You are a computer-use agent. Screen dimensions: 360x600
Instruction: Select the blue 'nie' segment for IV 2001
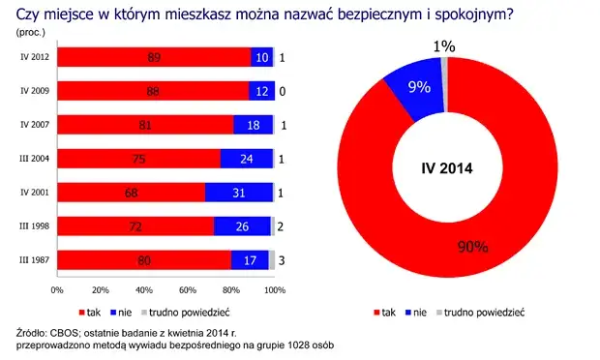pyautogui.click(x=238, y=193)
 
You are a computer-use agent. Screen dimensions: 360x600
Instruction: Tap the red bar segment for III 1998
pyautogui.click(x=135, y=226)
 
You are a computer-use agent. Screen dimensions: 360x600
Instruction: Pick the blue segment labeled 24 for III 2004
pyautogui.click(x=246, y=159)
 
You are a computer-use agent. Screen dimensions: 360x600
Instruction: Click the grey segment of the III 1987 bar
pyautogui.click(x=272, y=260)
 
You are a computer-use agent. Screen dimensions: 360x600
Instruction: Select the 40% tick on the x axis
pyautogui.click(x=144, y=289)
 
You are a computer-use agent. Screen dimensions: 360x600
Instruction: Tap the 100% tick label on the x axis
pyautogui.click(x=275, y=289)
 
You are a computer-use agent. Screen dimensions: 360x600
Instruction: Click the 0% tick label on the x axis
pyautogui.click(x=57, y=289)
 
